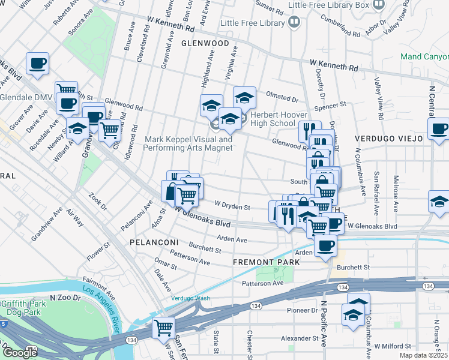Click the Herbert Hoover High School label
pos(273,119)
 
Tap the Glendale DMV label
pos(25,97)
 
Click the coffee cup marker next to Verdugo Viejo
pos(439,128)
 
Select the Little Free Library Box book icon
pos(379,5)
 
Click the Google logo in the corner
pos(19,353)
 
